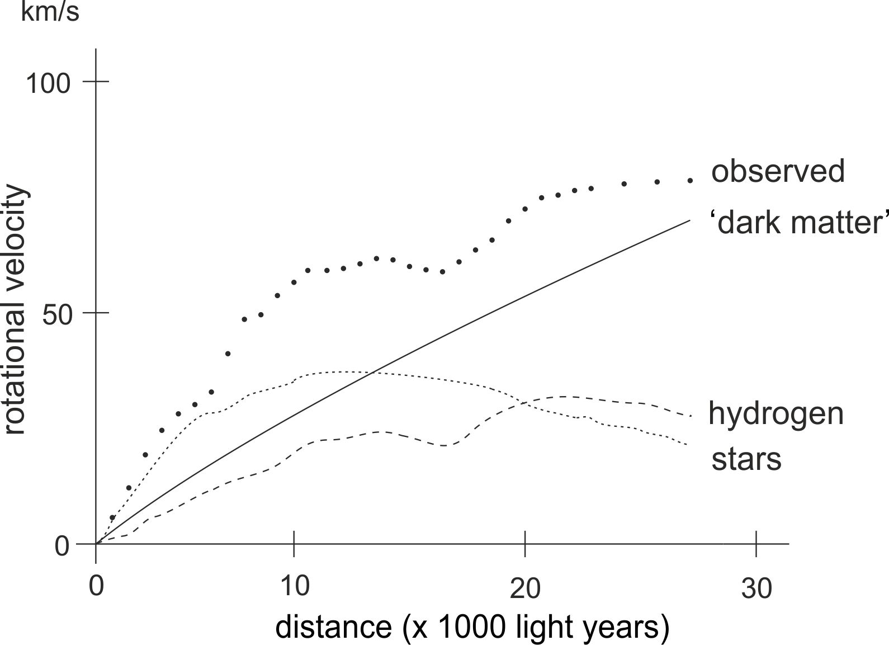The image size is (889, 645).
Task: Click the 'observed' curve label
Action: point(778,171)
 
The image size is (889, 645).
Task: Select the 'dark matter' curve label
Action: point(800,223)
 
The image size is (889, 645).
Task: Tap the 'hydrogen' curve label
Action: point(775,414)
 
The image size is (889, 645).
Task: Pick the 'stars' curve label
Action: point(746,459)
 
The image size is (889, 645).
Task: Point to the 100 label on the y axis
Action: point(48,83)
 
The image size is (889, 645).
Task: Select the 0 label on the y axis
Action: point(62,546)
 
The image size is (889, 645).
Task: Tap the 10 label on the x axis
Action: point(294,587)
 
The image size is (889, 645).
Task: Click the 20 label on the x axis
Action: point(526,589)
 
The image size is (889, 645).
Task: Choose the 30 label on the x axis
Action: point(756,589)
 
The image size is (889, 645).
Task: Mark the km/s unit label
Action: point(50,12)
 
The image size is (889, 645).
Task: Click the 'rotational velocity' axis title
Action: point(15,311)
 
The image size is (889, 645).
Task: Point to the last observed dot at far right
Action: point(690,180)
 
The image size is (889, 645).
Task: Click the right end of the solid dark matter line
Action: point(690,220)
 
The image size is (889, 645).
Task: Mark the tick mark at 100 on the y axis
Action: point(96,82)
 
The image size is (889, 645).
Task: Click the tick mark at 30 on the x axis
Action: point(756,543)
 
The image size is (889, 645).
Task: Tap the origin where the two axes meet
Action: point(96,543)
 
